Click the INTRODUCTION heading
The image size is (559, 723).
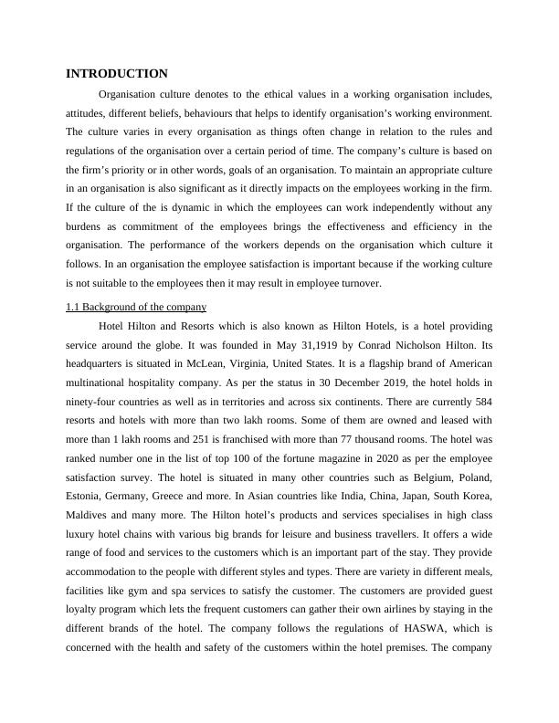117,73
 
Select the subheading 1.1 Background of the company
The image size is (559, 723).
136,307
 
